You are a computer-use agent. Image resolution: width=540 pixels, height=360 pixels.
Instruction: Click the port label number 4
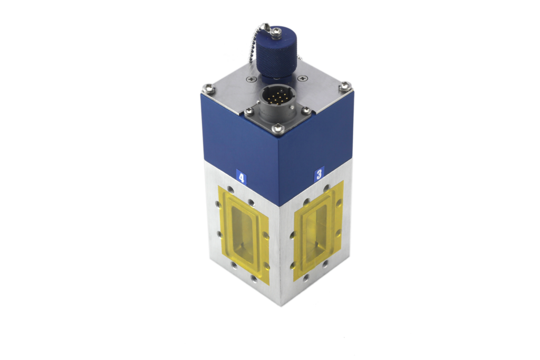pyautogui.click(x=241, y=177)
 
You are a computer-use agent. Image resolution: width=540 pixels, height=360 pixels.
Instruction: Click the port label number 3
pyautogui.click(x=319, y=174)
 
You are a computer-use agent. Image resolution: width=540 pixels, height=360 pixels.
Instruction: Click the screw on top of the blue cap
pyautogui.click(x=276, y=32)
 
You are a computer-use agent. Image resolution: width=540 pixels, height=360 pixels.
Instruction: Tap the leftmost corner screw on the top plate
pyautogui.click(x=209, y=89)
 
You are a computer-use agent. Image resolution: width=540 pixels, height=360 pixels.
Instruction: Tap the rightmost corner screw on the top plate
pyautogui.click(x=344, y=85)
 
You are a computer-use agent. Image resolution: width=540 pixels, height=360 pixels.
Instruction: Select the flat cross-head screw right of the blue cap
pyautogui.click(x=302, y=78)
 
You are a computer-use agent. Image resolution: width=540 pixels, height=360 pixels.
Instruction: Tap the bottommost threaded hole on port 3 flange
pyautogui.click(x=306, y=277)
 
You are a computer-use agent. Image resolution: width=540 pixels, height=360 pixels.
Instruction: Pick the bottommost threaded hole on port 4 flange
pyautogui.click(x=254, y=279)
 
